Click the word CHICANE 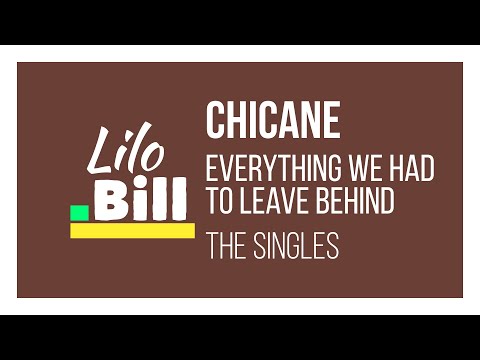272,121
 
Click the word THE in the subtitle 225,246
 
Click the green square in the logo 79,212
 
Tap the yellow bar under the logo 132,231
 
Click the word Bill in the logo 139,197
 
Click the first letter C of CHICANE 215,121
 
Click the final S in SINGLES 333,246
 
